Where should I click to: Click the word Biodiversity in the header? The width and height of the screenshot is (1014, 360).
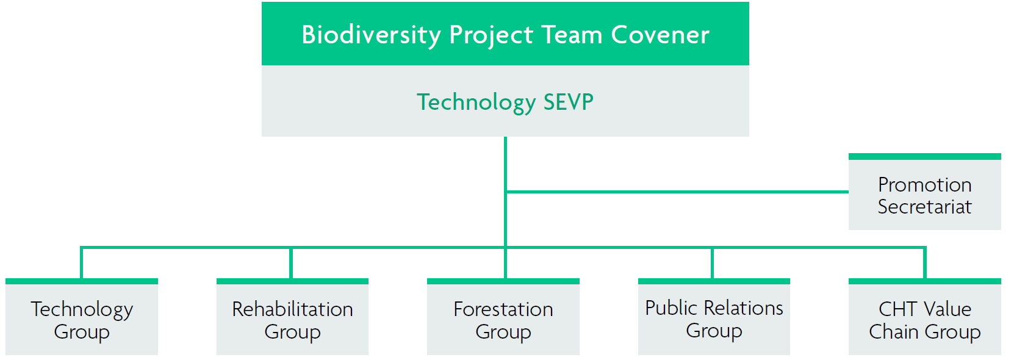tap(371, 35)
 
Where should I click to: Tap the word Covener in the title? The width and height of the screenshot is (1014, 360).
tap(660, 35)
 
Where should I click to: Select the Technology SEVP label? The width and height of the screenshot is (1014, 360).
tap(505, 103)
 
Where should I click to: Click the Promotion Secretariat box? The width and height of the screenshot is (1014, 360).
tap(924, 192)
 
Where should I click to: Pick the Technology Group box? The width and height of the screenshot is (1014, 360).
tap(82, 317)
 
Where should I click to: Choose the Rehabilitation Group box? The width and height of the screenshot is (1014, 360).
tap(292, 317)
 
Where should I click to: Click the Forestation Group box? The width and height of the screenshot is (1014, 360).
tap(503, 317)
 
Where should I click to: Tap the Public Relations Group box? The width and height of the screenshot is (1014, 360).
tap(714, 317)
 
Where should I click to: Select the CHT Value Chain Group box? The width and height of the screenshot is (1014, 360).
tap(924, 317)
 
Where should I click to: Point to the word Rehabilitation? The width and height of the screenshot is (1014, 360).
tap(292, 309)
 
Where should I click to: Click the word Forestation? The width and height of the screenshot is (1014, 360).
tap(503, 309)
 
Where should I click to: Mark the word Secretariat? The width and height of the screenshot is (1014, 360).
tap(924, 206)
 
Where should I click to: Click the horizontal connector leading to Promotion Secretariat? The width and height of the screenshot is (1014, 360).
tap(677, 192)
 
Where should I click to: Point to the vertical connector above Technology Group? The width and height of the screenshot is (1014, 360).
tap(82, 262)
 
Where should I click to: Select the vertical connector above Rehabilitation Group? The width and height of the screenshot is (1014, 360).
tap(291, 262)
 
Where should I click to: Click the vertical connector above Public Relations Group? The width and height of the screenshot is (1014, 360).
tap(713, 262)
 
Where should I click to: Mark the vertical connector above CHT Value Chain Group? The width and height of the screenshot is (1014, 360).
tap(925, 262)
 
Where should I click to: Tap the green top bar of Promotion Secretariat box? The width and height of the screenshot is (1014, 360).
tap(924, 157)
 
